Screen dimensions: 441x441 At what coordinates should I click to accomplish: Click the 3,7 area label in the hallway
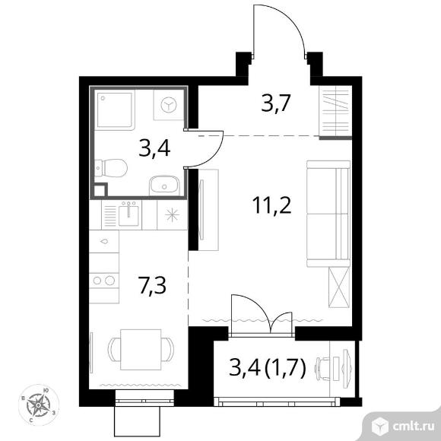point(275,104)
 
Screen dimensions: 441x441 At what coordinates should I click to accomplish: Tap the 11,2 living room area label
point(271,205)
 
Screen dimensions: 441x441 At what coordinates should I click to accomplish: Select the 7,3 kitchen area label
point(152,285)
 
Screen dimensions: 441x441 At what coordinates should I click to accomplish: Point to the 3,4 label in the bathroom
point(154,149)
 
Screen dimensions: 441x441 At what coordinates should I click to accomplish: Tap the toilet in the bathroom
point(110,168)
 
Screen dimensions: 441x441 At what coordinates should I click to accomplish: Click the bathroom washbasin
point(164,186)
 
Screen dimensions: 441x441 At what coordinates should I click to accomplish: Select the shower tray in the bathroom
point(115,110)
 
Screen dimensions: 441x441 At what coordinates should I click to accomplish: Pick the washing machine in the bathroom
point(169,105)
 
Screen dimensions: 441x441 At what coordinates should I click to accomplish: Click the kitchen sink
point(128,215)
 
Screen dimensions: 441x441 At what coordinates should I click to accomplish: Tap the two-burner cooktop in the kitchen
point(104,281)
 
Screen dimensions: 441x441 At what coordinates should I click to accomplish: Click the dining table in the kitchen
point(141,350)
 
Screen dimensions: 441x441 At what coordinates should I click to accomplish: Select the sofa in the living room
point(328,214)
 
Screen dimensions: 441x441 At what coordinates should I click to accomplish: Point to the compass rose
point(39,405)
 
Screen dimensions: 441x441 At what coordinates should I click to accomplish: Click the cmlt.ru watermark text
point(413,427)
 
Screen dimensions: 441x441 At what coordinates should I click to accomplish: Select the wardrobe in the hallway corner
point(335,112)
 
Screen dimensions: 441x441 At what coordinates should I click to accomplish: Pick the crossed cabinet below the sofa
point(339,287)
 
